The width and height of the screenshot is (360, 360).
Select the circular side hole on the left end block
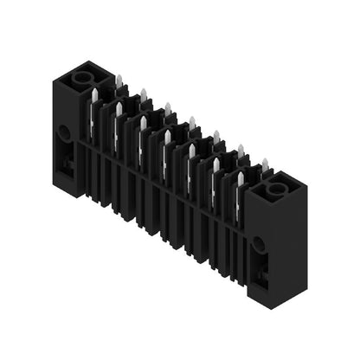click(63, 134)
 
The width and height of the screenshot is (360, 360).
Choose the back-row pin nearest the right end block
click(265, 164)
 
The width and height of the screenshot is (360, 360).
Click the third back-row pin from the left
click(168, 109)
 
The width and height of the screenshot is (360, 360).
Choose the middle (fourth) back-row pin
click(192, 123)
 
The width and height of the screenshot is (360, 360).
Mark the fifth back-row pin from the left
click(216, 137)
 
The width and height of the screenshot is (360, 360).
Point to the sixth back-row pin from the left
click(241, 151)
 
